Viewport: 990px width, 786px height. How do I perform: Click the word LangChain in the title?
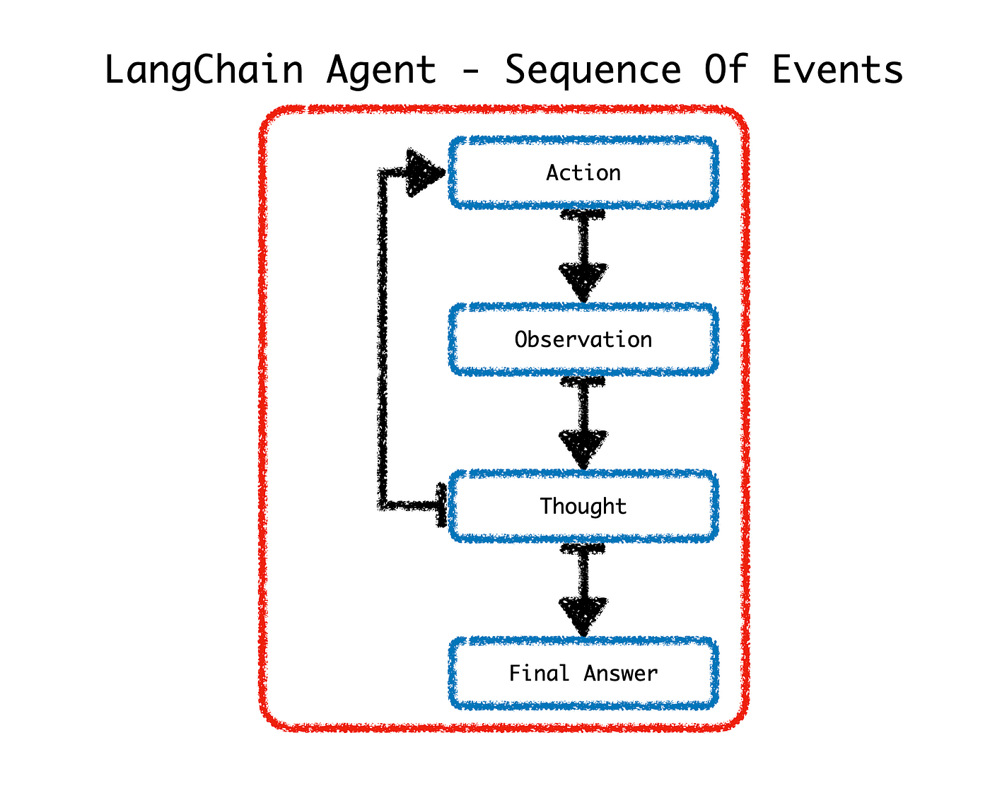[x=204, y=71]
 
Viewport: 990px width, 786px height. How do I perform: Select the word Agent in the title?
[x=381, y=71]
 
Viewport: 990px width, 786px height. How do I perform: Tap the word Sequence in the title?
[x=593, y=71]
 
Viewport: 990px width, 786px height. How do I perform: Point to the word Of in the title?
[x=726, y=69]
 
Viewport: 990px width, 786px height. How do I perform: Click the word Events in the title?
[x=838, y=69]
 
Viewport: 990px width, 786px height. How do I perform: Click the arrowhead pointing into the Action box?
[x=424, y=172]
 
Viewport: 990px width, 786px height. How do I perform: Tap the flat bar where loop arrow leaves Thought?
[x=441, y=505]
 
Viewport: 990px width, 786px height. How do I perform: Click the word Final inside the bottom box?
[x=538, y=673]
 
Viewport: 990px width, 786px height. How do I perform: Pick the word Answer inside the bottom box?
[x=621, y=674]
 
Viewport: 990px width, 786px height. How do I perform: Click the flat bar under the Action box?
[x=583, y=214]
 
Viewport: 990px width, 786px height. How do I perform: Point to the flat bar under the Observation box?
[x=583, y=381]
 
